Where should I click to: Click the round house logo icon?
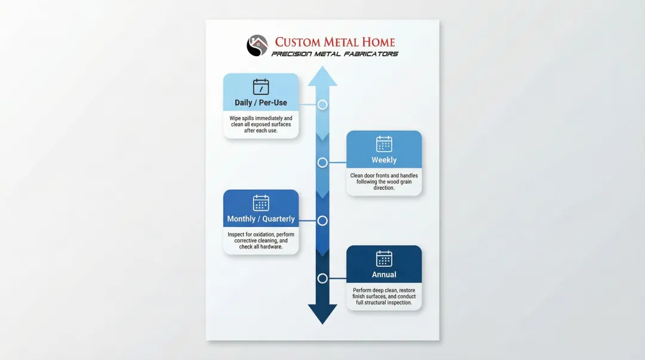click(x=257, y=46)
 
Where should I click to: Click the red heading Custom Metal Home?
click(x=334, y=42)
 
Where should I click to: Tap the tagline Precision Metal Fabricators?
click(x=334, y=54)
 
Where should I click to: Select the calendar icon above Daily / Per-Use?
click(x=261, y=87)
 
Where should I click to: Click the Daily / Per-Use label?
click(x=261, y=103)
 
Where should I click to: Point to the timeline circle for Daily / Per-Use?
click(x=322, y=104)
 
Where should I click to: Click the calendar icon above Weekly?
click(x=384, y=144)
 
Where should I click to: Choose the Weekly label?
click(x=384, y=160)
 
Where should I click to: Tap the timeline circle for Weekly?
click(x=322, y=162)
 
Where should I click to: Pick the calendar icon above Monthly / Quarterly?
click(x=261, y=203)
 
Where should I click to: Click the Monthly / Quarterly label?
click(x=261, y=219)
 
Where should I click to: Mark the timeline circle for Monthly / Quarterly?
click(x=322, y=221)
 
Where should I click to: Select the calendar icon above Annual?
click(x=384, y=259)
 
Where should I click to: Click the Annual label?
click(x=384, y=275)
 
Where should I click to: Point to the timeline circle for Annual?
click(x=322, y=278)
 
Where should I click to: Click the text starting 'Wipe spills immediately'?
click(x=261, y=124)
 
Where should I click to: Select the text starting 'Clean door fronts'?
click(x=384, y=181)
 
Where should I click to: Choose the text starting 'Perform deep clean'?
click(x=384, y=297)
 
